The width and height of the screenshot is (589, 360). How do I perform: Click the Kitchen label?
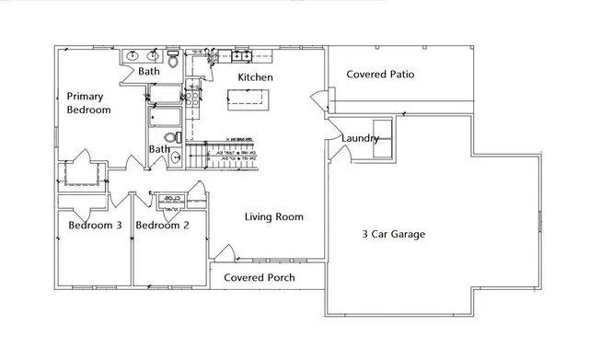pos(255,78)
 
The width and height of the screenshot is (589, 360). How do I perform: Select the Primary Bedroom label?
pos(88,103)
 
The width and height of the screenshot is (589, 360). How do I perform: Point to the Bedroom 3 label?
pos(95,226)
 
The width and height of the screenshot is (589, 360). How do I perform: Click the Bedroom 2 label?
pos(162,226)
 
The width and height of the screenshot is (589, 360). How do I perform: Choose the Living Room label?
pos(273,217)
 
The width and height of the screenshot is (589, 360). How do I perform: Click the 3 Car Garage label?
pos(394,234)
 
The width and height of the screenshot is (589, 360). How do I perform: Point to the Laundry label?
pos(359,139)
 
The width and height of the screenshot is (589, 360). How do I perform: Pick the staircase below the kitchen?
pos(226,155)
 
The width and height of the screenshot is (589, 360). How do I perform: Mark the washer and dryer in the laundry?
pos(381,137)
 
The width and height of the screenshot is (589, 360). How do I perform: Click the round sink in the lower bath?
pos(177,157)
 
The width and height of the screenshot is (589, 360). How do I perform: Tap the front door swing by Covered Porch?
pos(223,250)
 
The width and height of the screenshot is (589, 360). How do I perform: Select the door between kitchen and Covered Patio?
pos(318,97)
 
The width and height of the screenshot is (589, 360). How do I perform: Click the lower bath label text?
pos(160,149)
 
